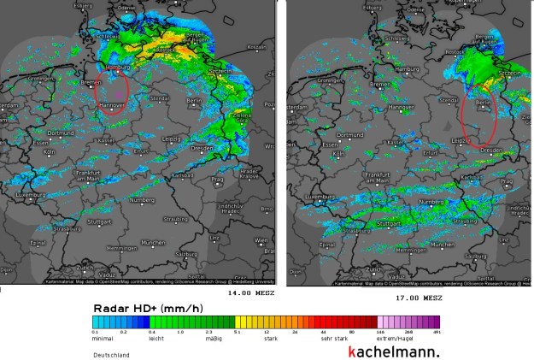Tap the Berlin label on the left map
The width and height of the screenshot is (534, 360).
point(192,100)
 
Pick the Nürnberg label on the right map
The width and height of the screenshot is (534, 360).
point(431,201)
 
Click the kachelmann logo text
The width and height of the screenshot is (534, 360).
point(394,351)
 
